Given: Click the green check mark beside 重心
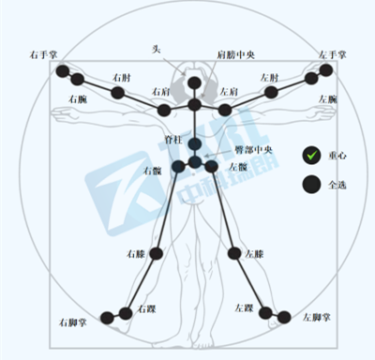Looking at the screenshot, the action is tap(311, 155).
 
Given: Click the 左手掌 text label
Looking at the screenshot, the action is tap(333, 55).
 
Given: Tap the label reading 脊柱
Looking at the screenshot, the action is tap(172, 139).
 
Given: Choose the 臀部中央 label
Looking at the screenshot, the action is tap(249, 150).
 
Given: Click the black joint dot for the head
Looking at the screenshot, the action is tap(194, 82).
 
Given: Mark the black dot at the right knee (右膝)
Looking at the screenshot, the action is tap(157, 254).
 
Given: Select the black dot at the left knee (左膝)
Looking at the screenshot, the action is tap(234, 254).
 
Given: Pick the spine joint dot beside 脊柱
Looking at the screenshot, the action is tap(194, 143).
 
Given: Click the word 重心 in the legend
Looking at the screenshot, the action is tap(339, 155).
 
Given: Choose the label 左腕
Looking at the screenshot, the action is tap(327, 97).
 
